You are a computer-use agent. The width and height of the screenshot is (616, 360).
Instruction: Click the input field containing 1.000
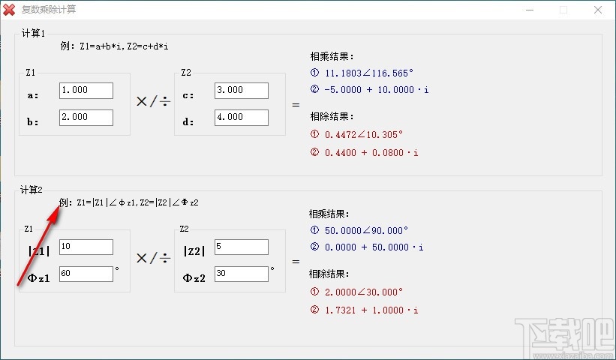(x=86, y=91)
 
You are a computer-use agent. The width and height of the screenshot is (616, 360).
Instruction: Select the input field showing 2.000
(x=86, y=118)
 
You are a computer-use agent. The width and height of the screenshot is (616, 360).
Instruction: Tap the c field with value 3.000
(x=241, y=91)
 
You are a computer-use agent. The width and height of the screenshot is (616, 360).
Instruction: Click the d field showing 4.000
(x=241, y=118)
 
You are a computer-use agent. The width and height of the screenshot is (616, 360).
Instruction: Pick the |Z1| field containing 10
(x=86, y=247)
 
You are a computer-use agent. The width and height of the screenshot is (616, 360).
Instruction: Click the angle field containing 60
(x=86, y=274)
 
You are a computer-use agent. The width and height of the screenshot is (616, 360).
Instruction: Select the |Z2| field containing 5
(x=241, y=247)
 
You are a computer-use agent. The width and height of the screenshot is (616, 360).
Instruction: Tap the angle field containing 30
(x=241, y=274)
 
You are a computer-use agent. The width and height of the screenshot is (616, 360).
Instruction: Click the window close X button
(x=597, y=10)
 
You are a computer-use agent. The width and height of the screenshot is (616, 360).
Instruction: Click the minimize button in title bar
(x=530, y=10)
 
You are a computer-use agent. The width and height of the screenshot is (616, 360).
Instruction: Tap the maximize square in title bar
(x=563, y=10)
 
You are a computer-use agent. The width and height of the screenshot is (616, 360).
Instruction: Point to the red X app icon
(x=9, y=10)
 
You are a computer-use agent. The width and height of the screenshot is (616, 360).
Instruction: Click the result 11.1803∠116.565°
(x=369, y=73)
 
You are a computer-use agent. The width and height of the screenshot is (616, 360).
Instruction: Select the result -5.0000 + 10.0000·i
(x=377, y=90)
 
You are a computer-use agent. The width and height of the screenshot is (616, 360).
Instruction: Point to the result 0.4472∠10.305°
(x=364, y=135)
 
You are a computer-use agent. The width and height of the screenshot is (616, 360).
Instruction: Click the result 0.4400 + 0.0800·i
(x=371, y=153)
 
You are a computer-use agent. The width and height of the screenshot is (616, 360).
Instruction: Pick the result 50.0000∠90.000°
(x=366, y=230)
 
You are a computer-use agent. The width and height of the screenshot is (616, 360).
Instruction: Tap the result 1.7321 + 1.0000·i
(x=371, y=310)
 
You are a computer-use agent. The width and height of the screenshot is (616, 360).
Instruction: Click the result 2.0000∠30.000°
(x=364, y=292)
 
